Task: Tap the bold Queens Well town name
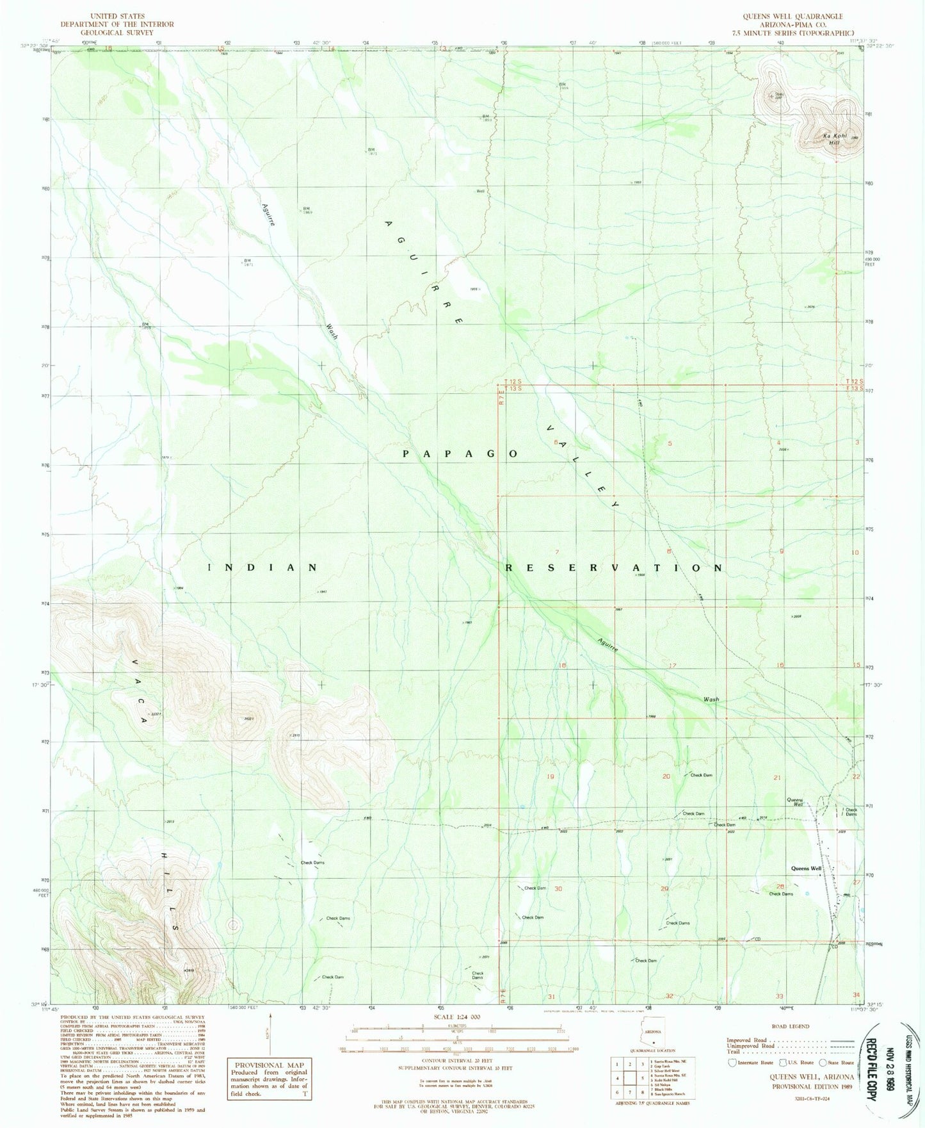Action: [x=807, y=869]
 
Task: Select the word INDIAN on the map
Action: [x=263, y=568]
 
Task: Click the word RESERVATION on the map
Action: [x=615, y=568]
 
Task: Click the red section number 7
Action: [x=558, y=552]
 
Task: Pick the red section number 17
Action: [x=672, y=666]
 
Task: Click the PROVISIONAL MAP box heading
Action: [x=268, y=1065]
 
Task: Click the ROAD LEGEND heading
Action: [x=790, y=1026]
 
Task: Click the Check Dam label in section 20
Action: [x=701, y=775]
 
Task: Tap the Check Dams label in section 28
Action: [x=781, y=894]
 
